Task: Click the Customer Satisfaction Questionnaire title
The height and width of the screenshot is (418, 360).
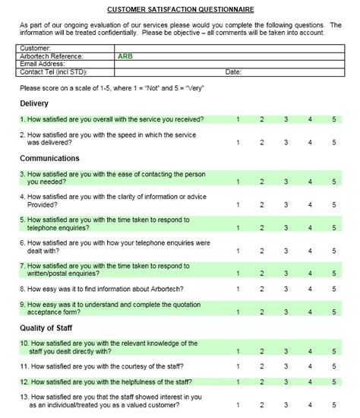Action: (x=180, y=10)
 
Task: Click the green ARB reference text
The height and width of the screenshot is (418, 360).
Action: (x=125, y=56)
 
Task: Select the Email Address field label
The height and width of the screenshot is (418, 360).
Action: (x=45, y=64)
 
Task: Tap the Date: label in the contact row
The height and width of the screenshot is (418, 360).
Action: (x=233, y=71)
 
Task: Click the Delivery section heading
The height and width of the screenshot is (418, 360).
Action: (x=34, y=103)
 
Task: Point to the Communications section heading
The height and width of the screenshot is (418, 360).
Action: (x=49, y=158)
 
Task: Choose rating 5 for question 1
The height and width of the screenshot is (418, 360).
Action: (x=333, y=119)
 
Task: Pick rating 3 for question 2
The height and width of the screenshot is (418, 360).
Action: (x=286, y=141)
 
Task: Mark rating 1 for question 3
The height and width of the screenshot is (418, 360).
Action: (x=238, y=182)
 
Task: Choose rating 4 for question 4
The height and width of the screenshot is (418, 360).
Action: (x=310, y=204)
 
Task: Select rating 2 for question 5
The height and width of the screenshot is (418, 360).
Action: (x=261, y=226)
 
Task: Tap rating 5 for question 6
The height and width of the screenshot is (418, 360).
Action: (x=333, y=249)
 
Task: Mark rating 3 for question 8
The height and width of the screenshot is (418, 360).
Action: (x=286, y=289)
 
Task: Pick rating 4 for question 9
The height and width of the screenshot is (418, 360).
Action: (x=310, y=311)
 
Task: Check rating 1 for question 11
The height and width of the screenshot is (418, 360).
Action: (x=238, y=366)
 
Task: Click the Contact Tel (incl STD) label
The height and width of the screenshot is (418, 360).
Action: (x=53, y=71)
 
